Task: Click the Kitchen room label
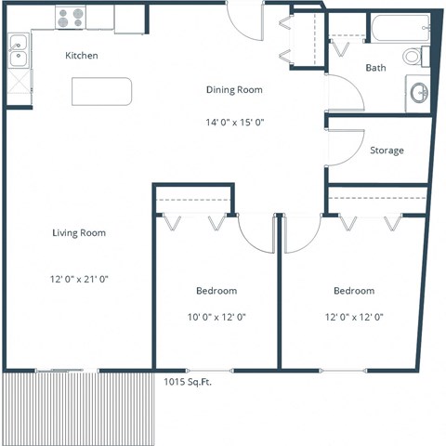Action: point(82,56)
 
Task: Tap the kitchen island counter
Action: point(102,91)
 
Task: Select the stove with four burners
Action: point(69,17)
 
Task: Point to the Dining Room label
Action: point(234,90)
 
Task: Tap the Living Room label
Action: point(79,232)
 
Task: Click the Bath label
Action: point(375,68)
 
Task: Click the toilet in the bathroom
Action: point(413,56)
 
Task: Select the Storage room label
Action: point(387,151)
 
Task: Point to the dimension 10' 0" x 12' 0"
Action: point(216,317)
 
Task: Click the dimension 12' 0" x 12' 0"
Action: point(354,317)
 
